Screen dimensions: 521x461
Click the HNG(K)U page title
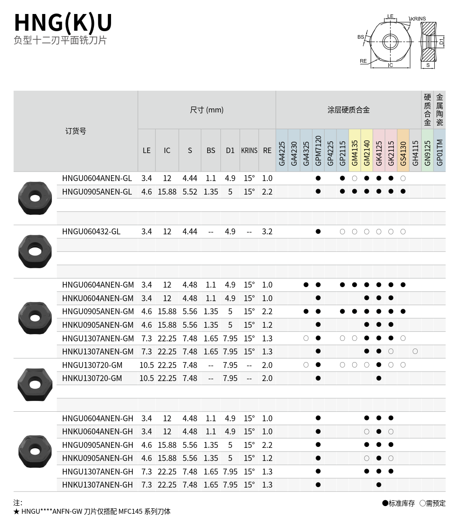[63, 23]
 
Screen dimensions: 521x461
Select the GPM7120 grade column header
[318, 150]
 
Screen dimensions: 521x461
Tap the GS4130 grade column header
[403, 150]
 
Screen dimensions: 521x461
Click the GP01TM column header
[440, 150]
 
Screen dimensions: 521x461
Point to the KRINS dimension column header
[249, 150]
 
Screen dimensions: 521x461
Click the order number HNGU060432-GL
[91, 232]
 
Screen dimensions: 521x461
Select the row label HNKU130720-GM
[92, 378]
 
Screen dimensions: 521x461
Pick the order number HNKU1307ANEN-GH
[98, 485]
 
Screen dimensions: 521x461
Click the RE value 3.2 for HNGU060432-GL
[267, 232]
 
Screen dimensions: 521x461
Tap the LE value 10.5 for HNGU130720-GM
[147, 365]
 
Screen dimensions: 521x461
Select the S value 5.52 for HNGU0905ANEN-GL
[190, 192]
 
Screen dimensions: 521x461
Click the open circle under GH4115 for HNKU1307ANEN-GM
[415, 351]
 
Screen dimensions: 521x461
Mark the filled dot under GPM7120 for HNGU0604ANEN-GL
[318, 178]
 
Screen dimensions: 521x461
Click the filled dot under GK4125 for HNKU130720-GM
[379, 378]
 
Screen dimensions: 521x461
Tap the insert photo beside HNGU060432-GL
[35, 251]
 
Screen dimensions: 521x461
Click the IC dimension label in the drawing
[391, 65]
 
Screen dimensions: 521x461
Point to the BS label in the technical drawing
[361, 37]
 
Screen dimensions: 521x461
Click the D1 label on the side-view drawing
[442, 42]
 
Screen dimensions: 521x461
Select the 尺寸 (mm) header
[207, 110]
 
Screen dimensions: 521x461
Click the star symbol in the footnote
[16, 512]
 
